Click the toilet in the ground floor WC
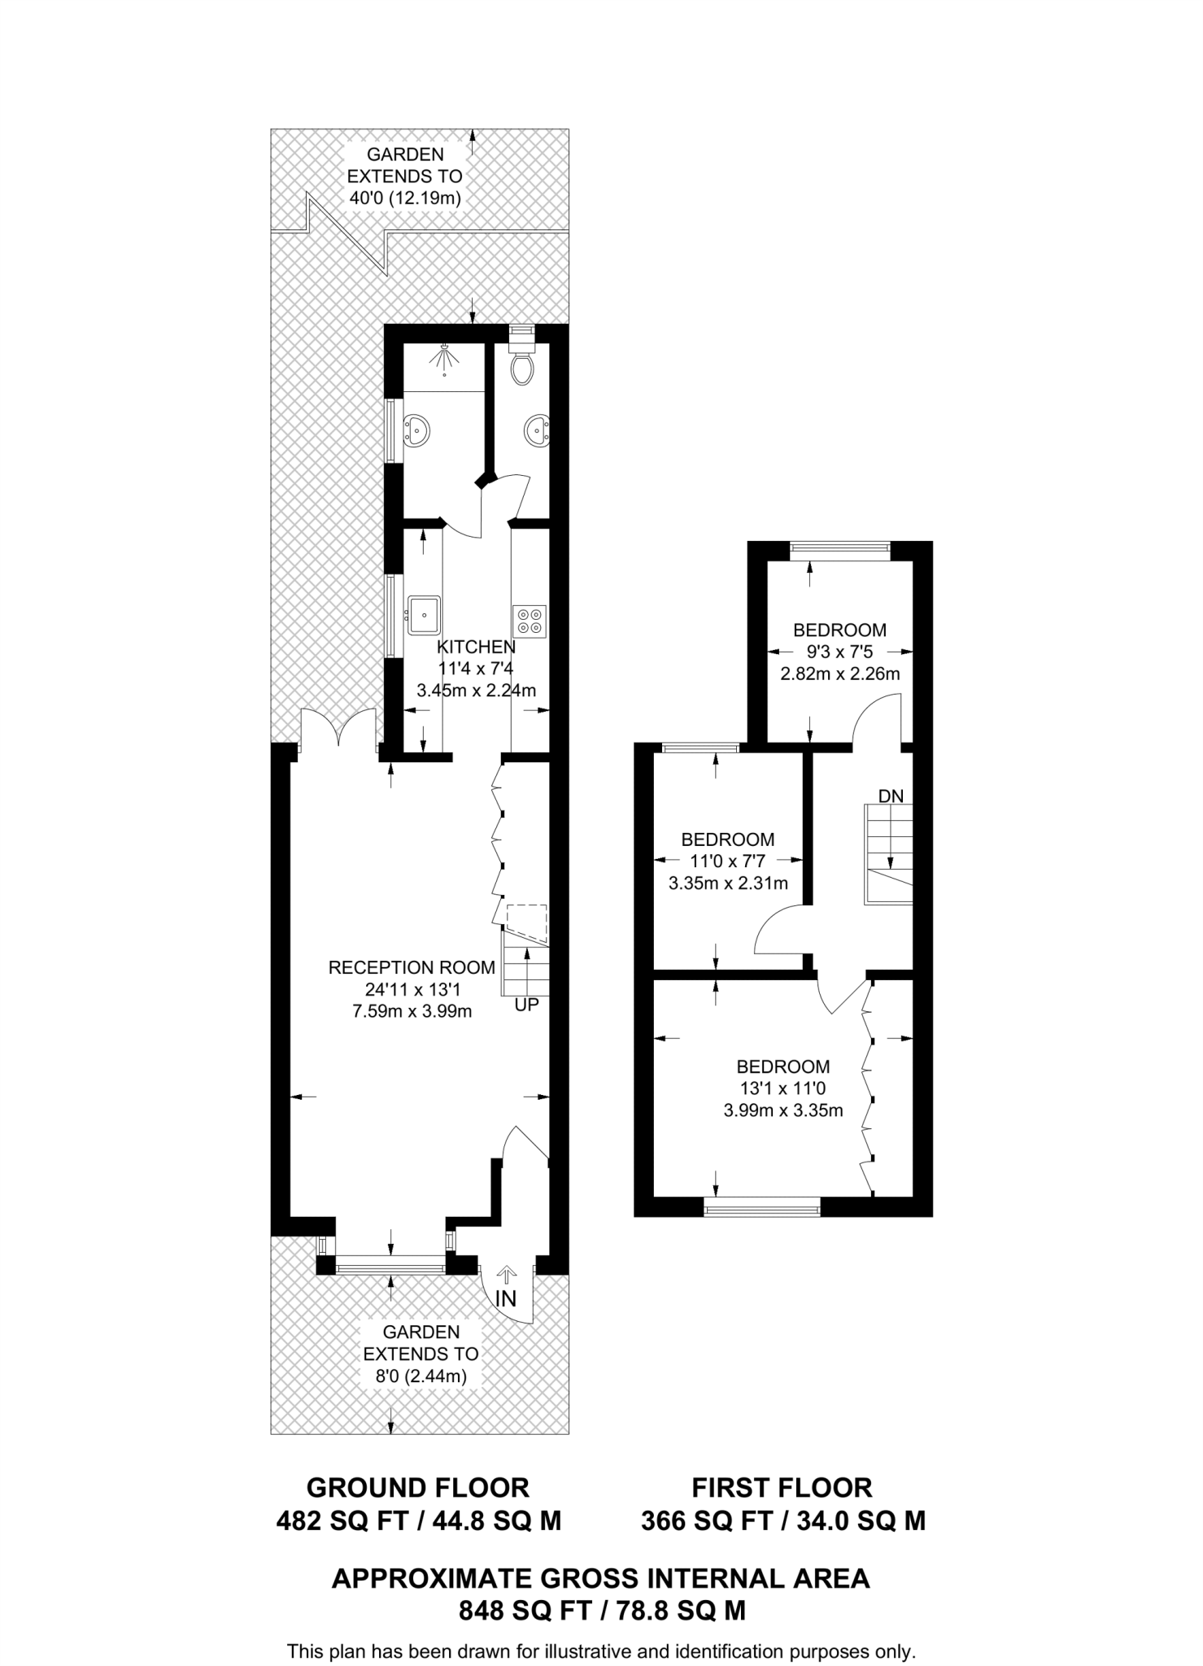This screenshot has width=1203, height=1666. click(521, 368)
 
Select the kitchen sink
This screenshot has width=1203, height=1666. click(424, 614)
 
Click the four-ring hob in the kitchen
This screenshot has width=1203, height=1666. click(529, 621)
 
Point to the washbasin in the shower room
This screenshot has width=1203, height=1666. click(417, 430)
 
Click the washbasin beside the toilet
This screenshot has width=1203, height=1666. click(537, 430)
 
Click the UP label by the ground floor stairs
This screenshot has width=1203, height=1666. click(526, 1005)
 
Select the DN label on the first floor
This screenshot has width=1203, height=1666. click(891, 796)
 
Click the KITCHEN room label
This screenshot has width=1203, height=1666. click(476, 647)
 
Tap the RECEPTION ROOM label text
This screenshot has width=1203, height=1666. click(412, 967)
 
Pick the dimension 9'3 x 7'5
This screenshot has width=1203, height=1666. click(840, 652)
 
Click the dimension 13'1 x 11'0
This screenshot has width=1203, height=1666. click(782, 1088)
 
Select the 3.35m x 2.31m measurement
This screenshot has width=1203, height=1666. click(728, 883)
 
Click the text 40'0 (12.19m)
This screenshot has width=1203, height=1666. click(404, 198)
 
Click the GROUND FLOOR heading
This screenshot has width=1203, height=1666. click(418, 1487)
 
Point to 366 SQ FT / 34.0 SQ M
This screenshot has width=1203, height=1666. click(782, 1520)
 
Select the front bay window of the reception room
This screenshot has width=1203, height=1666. click(391, 1263)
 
